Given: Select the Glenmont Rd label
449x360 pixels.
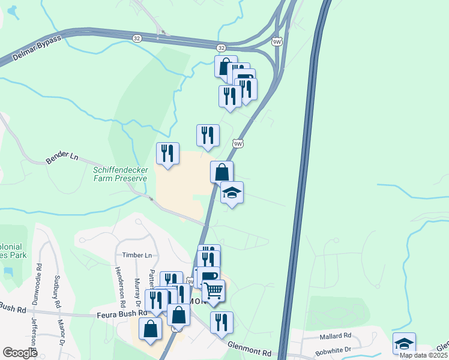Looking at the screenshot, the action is [x=250, y=347].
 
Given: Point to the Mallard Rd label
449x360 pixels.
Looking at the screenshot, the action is [x=335, y=335].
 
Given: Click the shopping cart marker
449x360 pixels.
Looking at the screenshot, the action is [x=214, y=291].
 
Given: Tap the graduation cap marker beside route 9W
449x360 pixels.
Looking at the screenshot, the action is [x=232, y=193].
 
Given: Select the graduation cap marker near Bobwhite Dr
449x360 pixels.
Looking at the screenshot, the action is [x=404, y=343].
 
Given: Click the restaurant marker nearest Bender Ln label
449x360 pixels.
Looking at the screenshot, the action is [x=167, y=153].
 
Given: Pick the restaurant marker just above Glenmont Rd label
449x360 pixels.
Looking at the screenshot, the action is [x=221, y=322].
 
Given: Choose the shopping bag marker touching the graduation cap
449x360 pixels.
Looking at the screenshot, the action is [x=221, y=172].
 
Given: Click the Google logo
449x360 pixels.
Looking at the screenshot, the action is [x=20, y=353].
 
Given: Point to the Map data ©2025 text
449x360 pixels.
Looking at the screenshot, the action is [x=423, y=355].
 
